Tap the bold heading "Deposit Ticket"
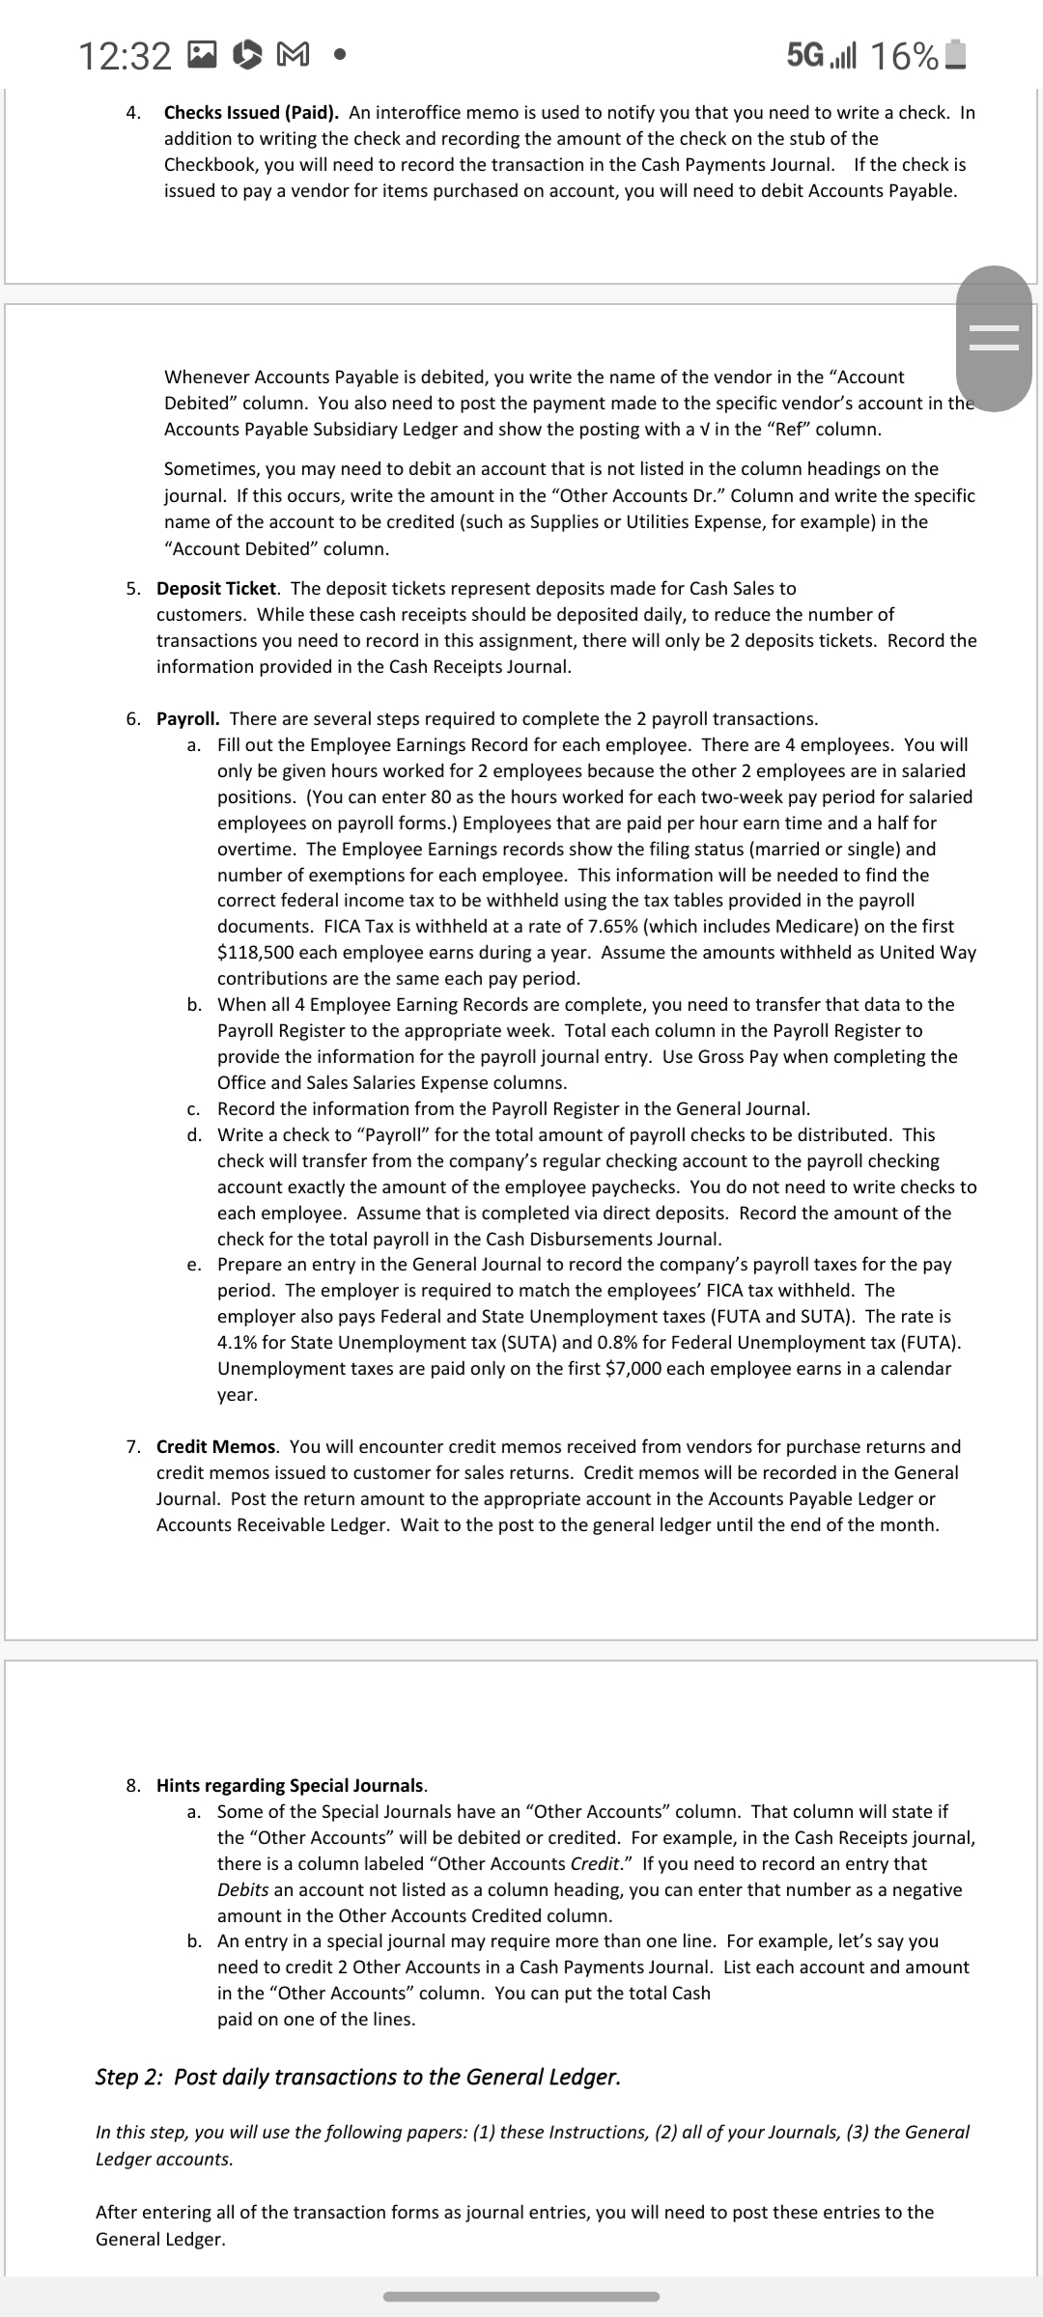(x=218, y=588)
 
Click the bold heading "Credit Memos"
(x=217, y=1446)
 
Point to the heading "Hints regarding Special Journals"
(x=291, y=1785)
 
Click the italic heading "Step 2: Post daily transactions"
(x=357, y=2077)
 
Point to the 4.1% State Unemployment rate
(x=241, y=1342)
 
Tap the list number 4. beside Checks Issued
(x=134, y=113)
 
